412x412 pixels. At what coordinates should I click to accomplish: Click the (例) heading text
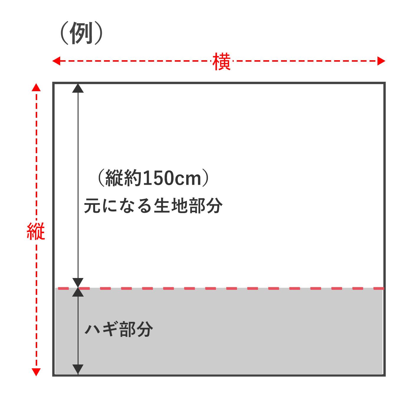(x=82, y=33)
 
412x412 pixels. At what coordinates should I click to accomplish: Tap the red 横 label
(x=221, y=62)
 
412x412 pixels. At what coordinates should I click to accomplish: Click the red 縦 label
(x=36, y=231)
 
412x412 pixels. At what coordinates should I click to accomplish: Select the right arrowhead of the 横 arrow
(x=381, y=61)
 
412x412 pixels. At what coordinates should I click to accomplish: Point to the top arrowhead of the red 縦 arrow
(x=36, y=87)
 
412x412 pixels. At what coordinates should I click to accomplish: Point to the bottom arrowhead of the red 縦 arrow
(x=36, y=372)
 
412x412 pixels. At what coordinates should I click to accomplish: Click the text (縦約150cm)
(x=153, y=178)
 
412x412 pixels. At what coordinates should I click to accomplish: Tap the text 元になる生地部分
(x=153, y=205)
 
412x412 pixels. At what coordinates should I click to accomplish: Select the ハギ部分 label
(x=119, y=329)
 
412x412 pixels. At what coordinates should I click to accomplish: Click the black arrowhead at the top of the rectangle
(x=78, y=88)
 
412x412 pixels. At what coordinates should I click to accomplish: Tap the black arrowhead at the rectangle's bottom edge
(x=78, y=369)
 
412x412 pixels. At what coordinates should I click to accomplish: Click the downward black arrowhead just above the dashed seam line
(x=78, y=282)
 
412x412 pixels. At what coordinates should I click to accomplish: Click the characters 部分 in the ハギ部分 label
(x=136, y=329)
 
